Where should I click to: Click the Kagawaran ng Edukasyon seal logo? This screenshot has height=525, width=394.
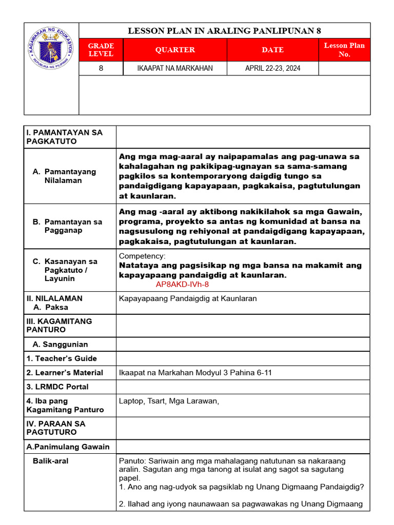[x=51, y=50]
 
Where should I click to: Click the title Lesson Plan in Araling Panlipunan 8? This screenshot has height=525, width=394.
[x=224, y=31]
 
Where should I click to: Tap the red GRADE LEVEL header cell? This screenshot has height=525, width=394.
[x=101, y=50]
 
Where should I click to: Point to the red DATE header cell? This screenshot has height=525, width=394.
[x=272, y=50]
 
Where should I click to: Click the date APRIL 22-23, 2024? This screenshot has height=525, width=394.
[x=272, y=68]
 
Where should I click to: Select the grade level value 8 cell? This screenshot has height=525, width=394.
[x=101, y=68]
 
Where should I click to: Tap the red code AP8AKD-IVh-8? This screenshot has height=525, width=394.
[x=182, y=284]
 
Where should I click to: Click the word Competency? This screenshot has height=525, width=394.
[x=142, y=256]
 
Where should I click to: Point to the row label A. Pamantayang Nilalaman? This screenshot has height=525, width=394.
[x=64, y=176]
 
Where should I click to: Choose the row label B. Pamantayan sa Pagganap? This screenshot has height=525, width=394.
[x=67, y=226]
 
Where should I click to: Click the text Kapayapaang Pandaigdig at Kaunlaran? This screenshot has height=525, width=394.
[x=188, y=298]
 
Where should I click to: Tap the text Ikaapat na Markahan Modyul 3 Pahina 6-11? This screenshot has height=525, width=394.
[x=195, y=373]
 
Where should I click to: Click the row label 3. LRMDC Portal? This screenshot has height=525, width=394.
[x=57, y=387]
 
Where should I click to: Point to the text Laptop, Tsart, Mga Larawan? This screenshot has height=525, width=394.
[x=169, y=401]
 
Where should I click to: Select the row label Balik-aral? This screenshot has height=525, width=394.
[x=50, y=461]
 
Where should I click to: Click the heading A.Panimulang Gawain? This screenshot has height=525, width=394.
[x=68, y=447]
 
